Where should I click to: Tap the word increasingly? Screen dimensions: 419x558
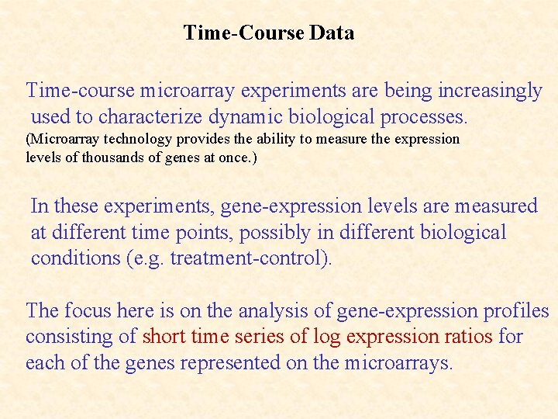[490, 91]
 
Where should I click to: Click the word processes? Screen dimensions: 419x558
[424, 117]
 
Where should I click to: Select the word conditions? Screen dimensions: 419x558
[75, 258]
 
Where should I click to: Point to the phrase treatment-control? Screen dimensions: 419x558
[250, 258]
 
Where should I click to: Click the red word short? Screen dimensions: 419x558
[164, 338]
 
